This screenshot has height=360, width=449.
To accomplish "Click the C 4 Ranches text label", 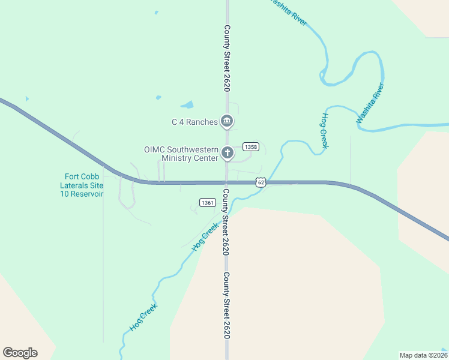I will (194, 122).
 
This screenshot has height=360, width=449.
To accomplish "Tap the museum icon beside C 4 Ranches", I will (227, 122).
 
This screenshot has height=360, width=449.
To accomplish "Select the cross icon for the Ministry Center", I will (227, 153).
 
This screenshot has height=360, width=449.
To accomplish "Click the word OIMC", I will (154, 149).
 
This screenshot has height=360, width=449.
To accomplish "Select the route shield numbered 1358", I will (251, 147).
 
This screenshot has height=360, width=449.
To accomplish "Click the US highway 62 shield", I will (260, 182).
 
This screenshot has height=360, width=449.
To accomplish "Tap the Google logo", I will (20, 353).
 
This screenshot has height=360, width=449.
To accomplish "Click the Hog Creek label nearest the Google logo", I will (144, 317).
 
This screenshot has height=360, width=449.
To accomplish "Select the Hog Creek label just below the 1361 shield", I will (204, 236).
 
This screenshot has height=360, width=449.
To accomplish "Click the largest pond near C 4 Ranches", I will (187, 104).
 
